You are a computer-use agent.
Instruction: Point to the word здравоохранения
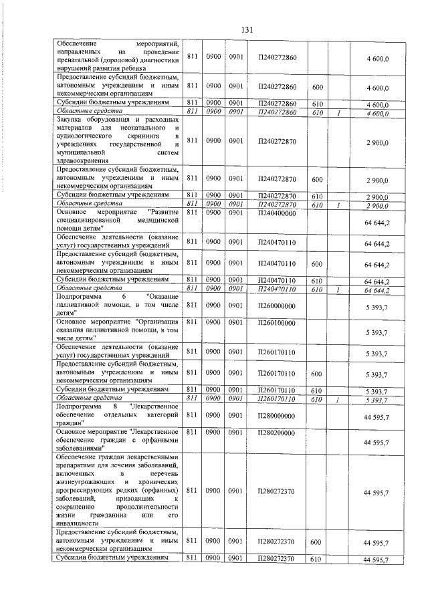tap(84, 161)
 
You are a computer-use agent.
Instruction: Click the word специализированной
tap(89, 219)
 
